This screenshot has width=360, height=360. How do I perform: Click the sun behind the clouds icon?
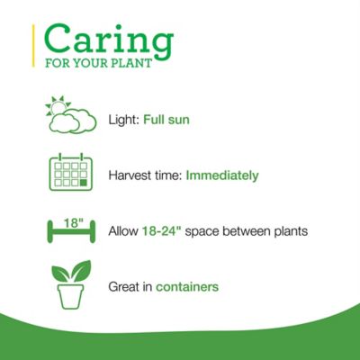pos(58,107)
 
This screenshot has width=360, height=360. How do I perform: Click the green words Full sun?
pos(168,119)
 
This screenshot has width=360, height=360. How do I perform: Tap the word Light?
pos(121,119)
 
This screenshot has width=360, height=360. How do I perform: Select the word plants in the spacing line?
pos(289,231)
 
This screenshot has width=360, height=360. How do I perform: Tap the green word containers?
pos(186,287)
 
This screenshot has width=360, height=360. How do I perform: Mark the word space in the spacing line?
pos(206,231)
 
